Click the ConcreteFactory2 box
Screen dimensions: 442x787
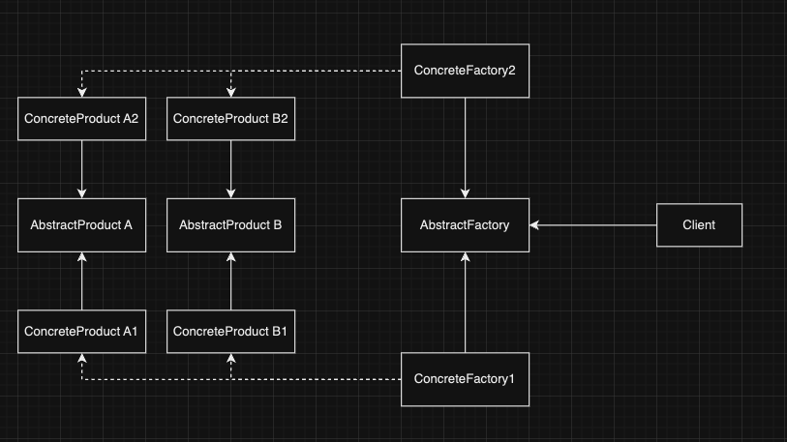pyautogui.click(x=466, y=71)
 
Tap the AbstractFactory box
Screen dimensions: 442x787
pyautogui.click(x=466, y=225)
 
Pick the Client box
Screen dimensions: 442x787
pyautogui.click(x=699, y=225)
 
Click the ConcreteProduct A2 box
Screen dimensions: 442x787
pyautogui.click(x=82, y=119)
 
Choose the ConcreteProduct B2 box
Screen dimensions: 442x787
pyautogui.click(x=230, y=119)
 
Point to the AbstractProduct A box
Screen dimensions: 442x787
pyautogui.click(x=82, y=225)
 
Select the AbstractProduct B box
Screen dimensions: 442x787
pyautogui.click(x=230, y=225)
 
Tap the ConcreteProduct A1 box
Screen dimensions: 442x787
pyautogui.click(x=82, y=332)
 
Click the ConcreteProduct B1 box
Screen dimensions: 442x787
pyautogui.click(x=230, y=332)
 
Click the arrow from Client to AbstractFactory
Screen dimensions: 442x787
pyautogui.click(x=593, y=225)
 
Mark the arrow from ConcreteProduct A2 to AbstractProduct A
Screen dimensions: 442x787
pyautogui.click(x=82, y=168)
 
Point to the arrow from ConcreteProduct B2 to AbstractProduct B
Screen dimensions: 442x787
pyautogui.click(x=230, y=168)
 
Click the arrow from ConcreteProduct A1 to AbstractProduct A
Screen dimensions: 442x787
pyautogui.click(x=82, y=282)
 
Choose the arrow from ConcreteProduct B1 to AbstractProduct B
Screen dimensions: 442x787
pyautogui.click(x=230, y=282)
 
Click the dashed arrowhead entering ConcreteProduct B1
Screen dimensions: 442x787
pyautogui.click(x=230, y=358)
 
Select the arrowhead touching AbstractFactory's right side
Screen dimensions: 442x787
pyautogui.click(x=535, y=225)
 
